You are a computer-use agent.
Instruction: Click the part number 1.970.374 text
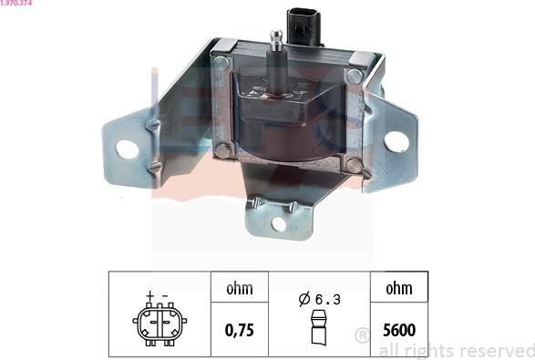pos(16,3)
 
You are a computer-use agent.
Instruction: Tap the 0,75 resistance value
pos(239,330)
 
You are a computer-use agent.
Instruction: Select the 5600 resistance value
pos(399,330)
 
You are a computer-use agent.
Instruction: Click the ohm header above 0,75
pos(240,288)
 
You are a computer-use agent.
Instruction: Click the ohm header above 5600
pos(399,288)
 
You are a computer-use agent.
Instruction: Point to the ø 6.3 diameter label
pos(319,299)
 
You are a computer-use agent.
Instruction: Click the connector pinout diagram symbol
pos(159,324)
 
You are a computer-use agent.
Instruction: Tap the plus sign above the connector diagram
pos(150,295)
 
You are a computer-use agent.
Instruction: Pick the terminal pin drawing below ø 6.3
pos(319,327)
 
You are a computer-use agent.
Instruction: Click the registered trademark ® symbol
pos(363,335)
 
